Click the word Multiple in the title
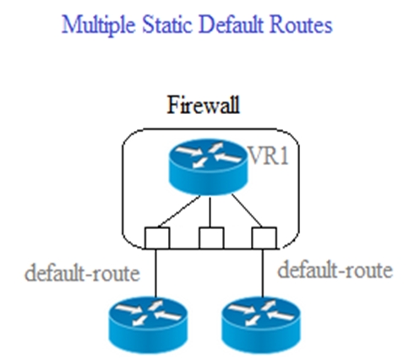click(98, 25)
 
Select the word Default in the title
click(231, 25)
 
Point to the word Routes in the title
click(301, 25)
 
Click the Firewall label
click(204, 105)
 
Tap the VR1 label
click(268, 155)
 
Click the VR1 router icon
click(209, 166)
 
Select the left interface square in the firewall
click(157, 238)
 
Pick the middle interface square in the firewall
click(211, 238)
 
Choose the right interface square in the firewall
click(265, 238)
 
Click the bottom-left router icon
click(148, 325)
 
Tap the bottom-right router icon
click(261, 325)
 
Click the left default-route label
click(82, 273)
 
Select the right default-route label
click(335, 270)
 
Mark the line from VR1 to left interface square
click(179, 211)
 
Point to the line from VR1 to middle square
click(210, 212)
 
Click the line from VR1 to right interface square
click(247, 210)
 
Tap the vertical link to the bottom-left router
click(155, 273)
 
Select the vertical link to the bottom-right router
click(263, 273)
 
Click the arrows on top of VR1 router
click(209, 155)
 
